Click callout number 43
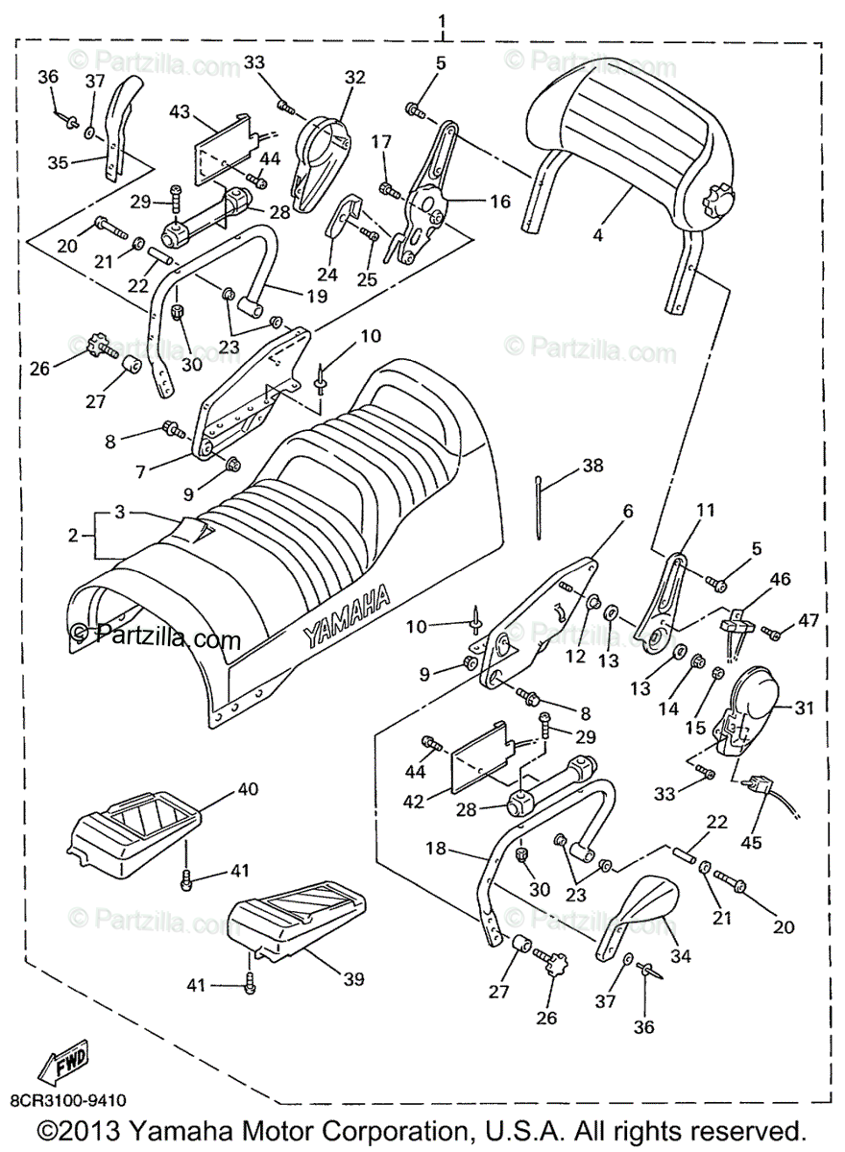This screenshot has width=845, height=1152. coord(180,111)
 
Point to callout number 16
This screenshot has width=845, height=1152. coord(501,202)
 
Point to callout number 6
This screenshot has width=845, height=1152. coord(628,512)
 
